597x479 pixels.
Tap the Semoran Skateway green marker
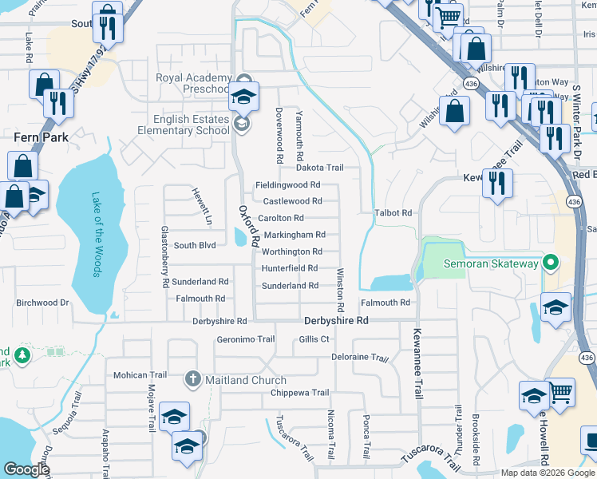click(549, 263)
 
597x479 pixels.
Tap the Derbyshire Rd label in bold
click(336, 320)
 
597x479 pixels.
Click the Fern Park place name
click(41, 137)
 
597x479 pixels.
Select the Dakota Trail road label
click(319, 168)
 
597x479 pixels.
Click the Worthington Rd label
click(292, 251)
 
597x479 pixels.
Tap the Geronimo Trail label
click(245, 339)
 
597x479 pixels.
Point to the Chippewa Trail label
click(299, 393)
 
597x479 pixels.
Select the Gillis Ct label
click(314, 339)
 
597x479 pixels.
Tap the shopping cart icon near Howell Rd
click(561, 391)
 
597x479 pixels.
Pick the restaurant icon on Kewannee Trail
click(497, 184)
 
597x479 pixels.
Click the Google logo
click(26, 470)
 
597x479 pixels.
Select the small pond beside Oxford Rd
click(241, 236)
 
